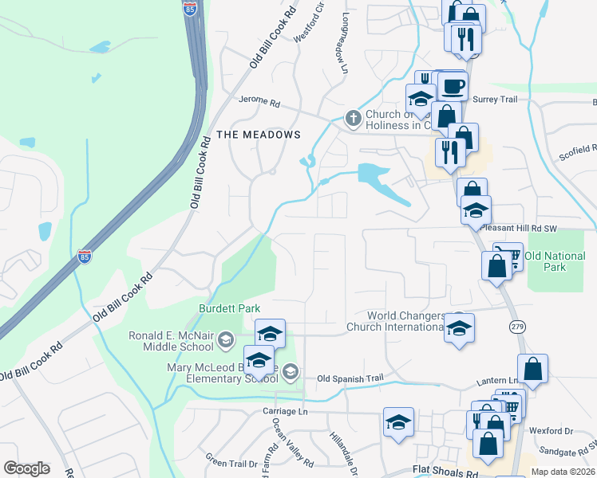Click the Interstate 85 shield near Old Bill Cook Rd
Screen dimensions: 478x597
coord(85,257)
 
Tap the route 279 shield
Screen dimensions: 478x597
coord(516,326)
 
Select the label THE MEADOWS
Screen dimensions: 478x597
coord(259,135)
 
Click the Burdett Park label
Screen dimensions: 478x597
coord(230,308)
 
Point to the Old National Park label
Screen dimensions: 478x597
coord(555,261)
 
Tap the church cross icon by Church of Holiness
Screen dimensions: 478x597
coord(353,119)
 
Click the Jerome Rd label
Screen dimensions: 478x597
coord(260,103)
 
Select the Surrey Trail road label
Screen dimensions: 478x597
coord(496,100)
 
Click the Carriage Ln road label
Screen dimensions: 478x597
coord(286,411)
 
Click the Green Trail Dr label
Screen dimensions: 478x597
coord(231,460)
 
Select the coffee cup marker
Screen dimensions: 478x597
coord(453,86)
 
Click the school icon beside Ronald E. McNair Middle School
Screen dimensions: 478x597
coord(226,340)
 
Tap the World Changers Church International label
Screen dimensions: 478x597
coord(397,321)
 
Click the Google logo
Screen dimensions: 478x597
coord(26,468)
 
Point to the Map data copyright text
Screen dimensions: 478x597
coord(563,472)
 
